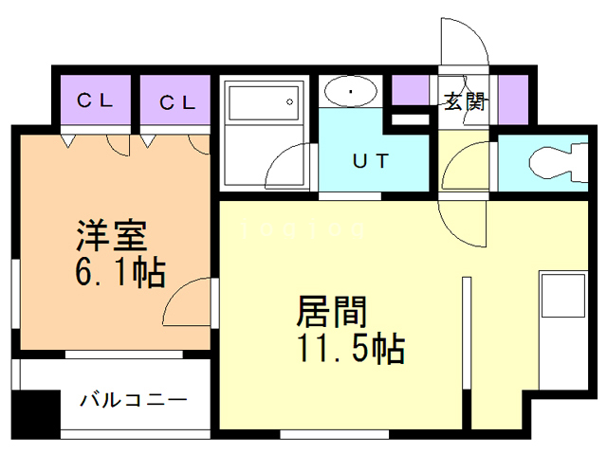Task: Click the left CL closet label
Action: point(96,101)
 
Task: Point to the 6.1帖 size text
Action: point(120,274)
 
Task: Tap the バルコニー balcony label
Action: point(133,399)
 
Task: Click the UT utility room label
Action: point(371,161)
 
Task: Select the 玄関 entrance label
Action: point(465,101)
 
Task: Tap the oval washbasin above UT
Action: point(351,92)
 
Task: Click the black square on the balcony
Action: point(35,409)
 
